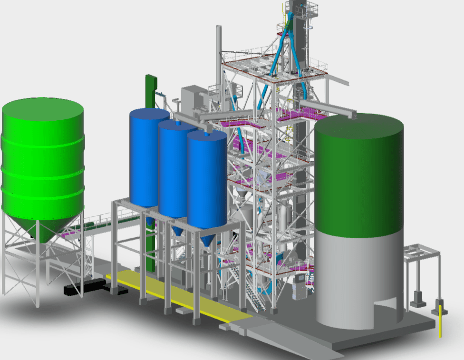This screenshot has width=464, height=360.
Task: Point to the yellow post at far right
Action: coord(440,321)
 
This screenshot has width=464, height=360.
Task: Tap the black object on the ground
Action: coord(81,288)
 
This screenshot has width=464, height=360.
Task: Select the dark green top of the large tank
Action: coord(359,181)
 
